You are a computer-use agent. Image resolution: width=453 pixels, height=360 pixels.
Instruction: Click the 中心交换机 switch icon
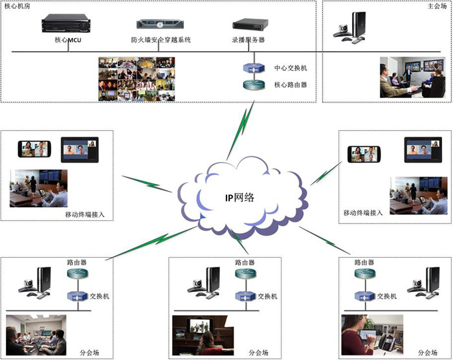252,69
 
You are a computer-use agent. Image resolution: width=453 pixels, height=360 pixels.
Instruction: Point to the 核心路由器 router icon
252,85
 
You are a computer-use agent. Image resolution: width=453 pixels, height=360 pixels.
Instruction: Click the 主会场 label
437,6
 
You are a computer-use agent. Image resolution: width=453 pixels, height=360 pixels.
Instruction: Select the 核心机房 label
16,6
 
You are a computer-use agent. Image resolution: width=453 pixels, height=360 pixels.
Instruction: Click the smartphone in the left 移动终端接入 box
34,150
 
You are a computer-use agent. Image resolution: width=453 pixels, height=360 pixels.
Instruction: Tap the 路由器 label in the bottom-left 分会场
77,262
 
